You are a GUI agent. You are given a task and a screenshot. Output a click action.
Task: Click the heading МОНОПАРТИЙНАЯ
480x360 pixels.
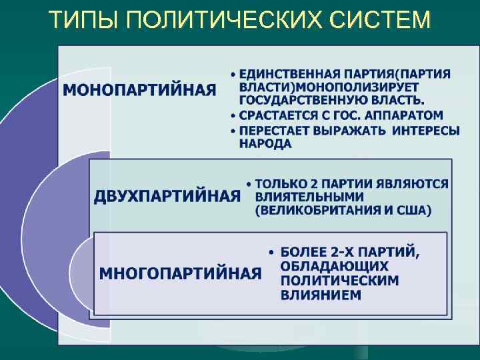[140, 89]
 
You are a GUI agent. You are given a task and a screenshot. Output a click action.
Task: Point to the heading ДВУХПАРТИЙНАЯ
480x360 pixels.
[167, 196]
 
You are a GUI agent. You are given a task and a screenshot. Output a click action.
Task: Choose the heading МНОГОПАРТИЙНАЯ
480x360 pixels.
[180, 273]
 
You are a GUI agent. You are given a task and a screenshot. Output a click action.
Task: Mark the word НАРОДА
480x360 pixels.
[265, 144]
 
